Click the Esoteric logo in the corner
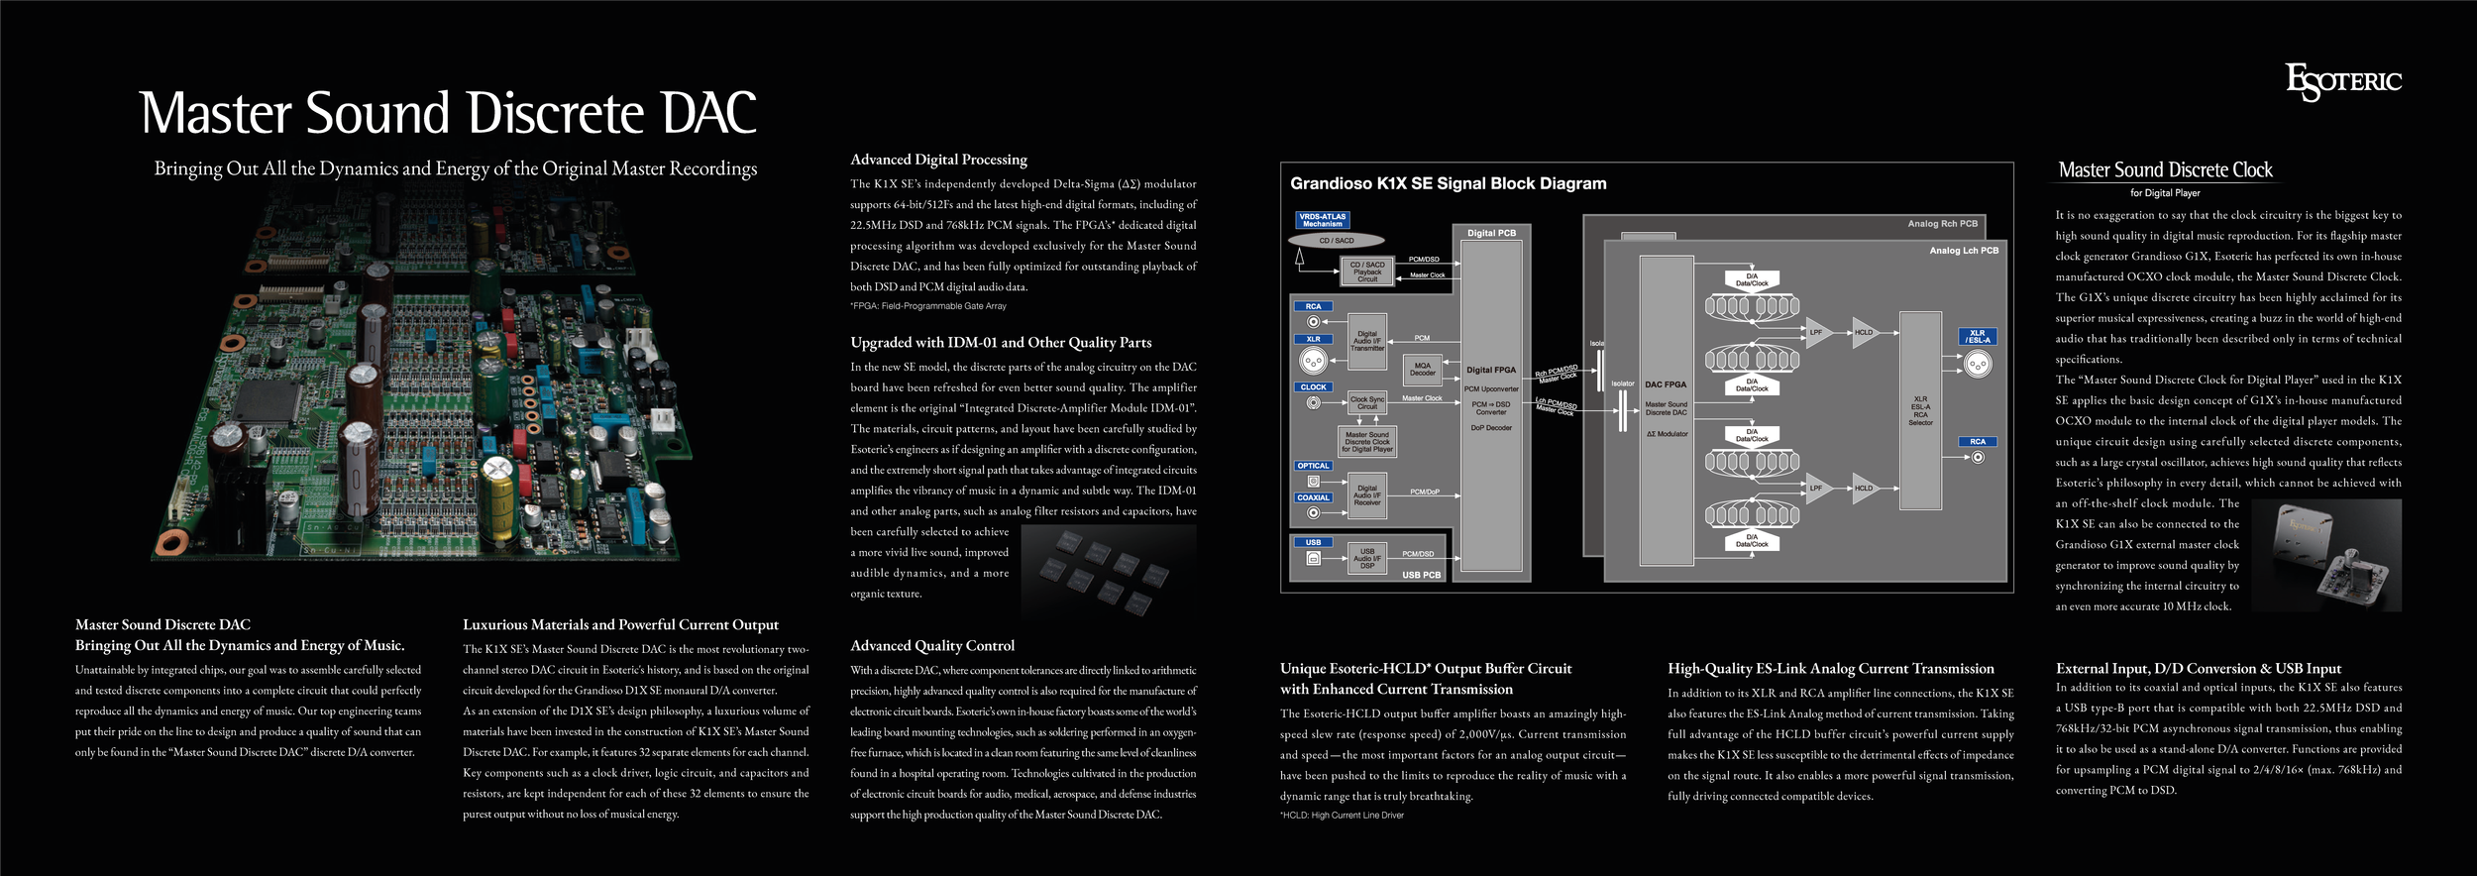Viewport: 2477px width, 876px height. (x=2342, y=82)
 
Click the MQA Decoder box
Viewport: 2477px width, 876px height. (x=1423, y=370)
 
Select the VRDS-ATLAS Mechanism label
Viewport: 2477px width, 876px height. (x=1323, y=220)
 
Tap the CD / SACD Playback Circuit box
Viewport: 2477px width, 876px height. (x=1367, y=271)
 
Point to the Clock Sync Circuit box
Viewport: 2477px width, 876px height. (x=1367, y=402)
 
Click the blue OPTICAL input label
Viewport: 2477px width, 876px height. (x=1313, y=466)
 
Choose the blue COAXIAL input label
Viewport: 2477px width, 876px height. (x=1313, y=497)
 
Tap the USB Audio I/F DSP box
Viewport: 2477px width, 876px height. (x=1367, y=558)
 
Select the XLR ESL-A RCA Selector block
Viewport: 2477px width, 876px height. (x=1920, y=410)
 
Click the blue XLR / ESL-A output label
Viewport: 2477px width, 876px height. (x=1977, y=337)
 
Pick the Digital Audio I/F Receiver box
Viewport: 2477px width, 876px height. (x=1367, y=495)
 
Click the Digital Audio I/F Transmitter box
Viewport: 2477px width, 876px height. (x=1367, y=341)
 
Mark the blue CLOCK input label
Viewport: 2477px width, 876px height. (x=1313, y=387)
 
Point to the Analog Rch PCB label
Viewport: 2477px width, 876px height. (x=1942, y=224)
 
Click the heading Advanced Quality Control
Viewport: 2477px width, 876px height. (x=932, y=646)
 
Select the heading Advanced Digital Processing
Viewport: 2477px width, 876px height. (x=938, y=160)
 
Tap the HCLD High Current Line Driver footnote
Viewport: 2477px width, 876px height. (x=1342, y=816)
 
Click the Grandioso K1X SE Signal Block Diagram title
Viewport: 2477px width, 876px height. (x=1448, y=183)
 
